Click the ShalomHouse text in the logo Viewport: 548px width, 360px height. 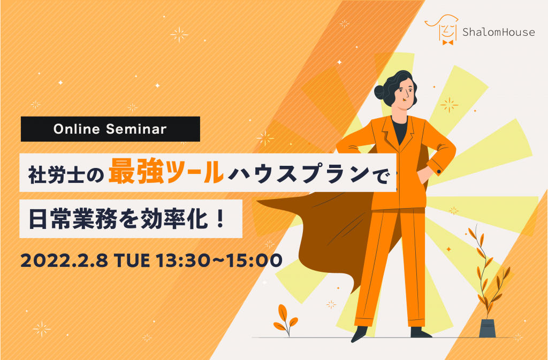tap(498, 32)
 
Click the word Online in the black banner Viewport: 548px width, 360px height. tap(77, 129)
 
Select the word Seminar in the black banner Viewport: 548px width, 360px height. tap(136, 129)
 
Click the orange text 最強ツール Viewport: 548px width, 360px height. tap(166, 172)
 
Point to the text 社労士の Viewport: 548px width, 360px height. tap(66, 174)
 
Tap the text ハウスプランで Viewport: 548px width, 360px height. tap(309, 173)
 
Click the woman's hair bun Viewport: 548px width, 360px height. tap(380, 92)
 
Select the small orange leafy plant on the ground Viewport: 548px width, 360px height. tap(285, 319)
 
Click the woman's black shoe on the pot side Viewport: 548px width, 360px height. tap(421, 332)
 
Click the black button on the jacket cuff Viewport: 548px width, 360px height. tap(439, 172)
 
